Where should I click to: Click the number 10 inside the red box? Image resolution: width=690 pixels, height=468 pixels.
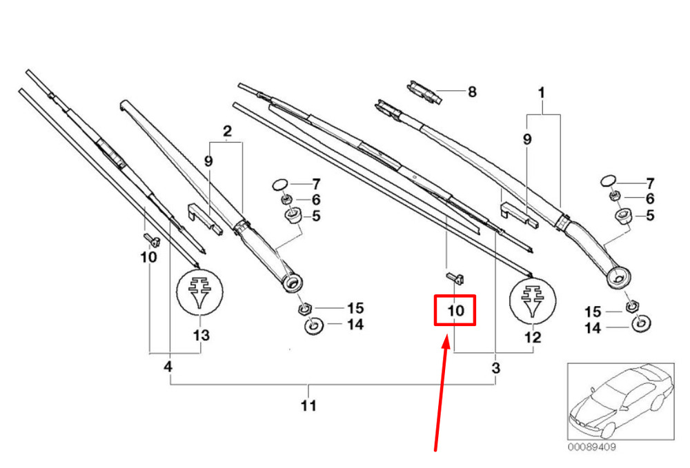click(x=455, y=311)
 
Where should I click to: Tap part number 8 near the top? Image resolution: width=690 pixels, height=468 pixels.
click(x=472, y=92)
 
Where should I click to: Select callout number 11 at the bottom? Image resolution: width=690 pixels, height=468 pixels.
click(x=308, y=405)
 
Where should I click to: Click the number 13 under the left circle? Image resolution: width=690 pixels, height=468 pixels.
click(x=201, y=335)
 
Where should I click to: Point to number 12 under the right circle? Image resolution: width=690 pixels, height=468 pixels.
click(x=533, y=338)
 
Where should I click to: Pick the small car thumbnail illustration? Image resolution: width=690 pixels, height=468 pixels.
click(x=620, y=401)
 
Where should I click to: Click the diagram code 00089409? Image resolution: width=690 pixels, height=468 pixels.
click(x=591, y=447)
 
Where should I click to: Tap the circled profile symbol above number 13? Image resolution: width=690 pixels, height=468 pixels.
click(x=199, y=292)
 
